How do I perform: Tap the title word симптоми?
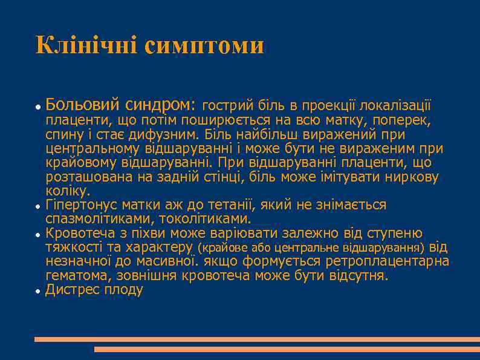204,46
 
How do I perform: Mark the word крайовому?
82,163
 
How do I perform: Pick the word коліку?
66,191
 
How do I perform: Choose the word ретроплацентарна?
388,261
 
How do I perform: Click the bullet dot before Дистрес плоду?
37,291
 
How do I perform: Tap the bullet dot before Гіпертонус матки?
37,206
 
